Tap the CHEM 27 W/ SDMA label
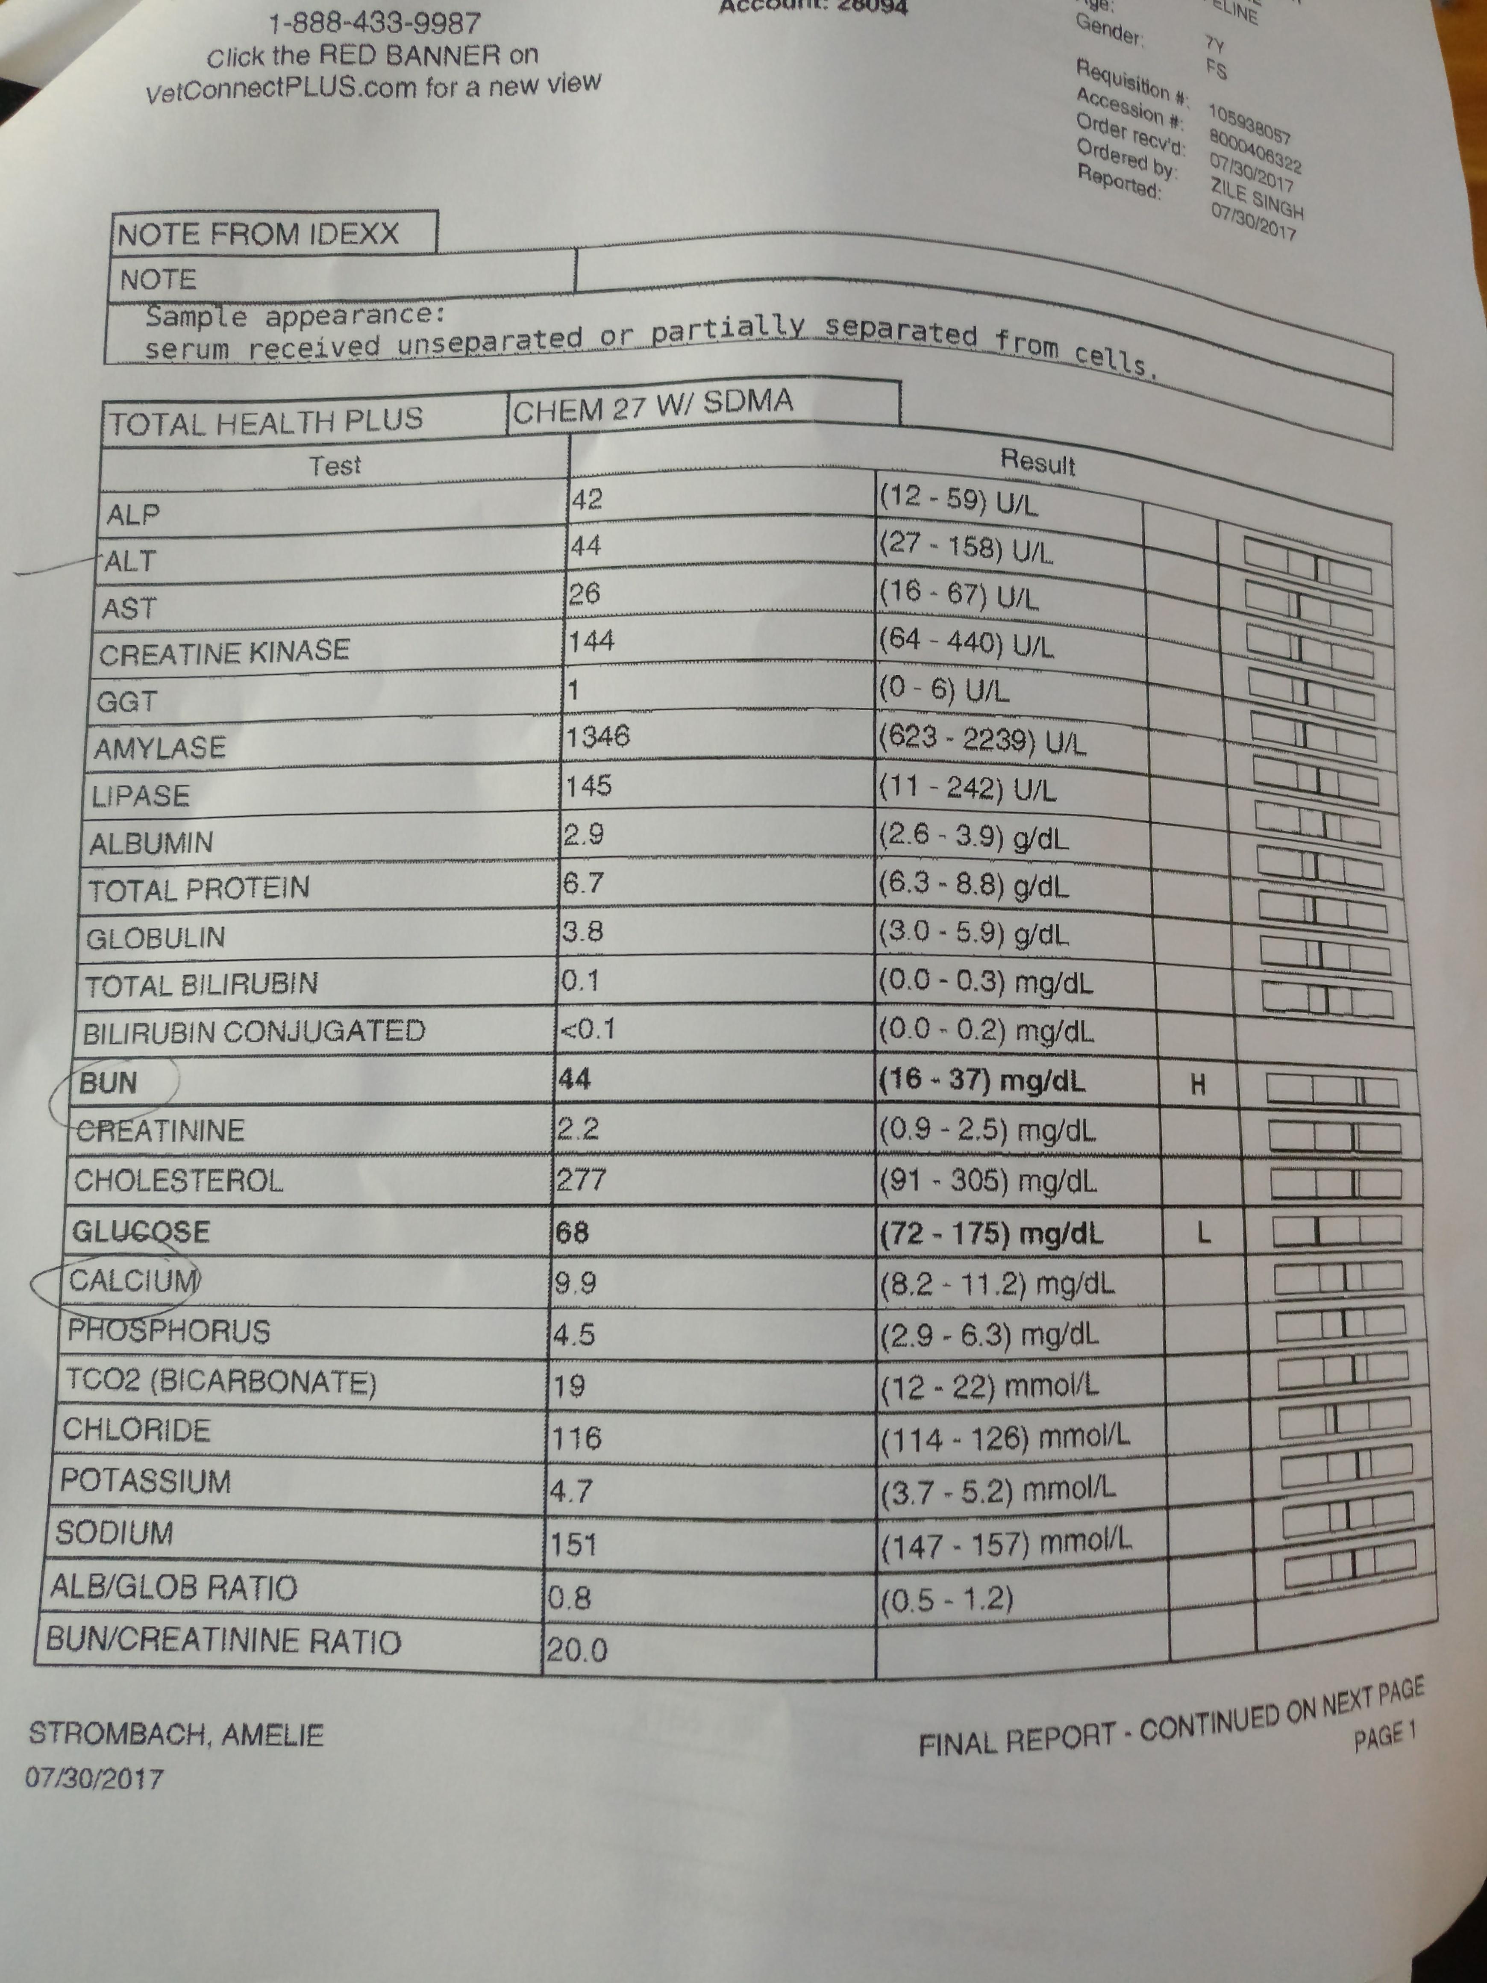tap(652, 406)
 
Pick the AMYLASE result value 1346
tap(598, 737)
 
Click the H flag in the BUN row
tap(1197, 1086)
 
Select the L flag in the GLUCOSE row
tap(1204, 1234)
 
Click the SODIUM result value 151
tap(573, 1544)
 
